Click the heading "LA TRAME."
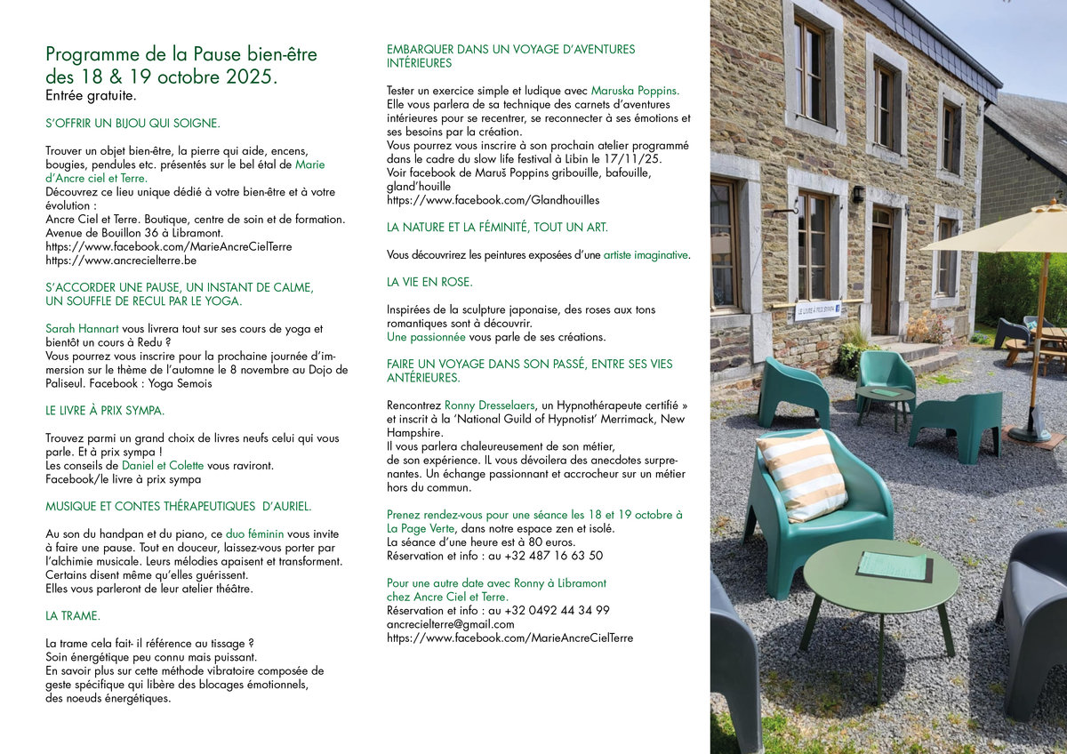click(x=73, y=615)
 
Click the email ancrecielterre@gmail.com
click(x=450, y=624)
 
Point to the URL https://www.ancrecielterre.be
click(x=121, y=261)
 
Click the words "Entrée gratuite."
click(x=92, y=95)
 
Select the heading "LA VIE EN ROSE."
click(x=429, y=282)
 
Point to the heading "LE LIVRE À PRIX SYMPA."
click(x=105, y=411)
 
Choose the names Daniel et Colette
click(x=161, y=466)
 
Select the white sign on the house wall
click(x=817, y=310)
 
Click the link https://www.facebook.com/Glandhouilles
click(x=493, y=201)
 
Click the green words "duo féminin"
click(x=254, y=533)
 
